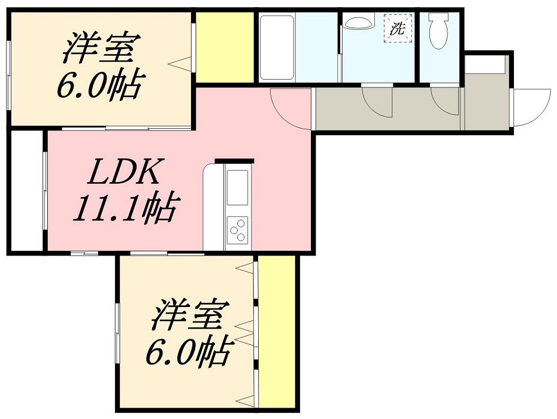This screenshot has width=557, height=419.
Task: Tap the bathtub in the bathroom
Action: pos(277,47)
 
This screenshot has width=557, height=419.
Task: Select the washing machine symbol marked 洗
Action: pos(398,28)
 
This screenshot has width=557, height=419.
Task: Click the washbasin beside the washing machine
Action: pos(359,22)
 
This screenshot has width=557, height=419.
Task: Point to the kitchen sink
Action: pos(237,187)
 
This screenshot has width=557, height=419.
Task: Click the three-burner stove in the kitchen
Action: pos(237,229)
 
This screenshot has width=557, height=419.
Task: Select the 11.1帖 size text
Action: pos(125,209)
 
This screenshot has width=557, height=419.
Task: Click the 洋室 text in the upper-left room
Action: pos(102,47)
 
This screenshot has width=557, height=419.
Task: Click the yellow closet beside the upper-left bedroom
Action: pos(225,47)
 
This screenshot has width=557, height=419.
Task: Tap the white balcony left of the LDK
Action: pos(26,191)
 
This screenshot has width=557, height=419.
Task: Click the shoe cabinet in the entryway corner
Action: pos(485,65)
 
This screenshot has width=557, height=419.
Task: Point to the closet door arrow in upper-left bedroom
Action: pos(180,64)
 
